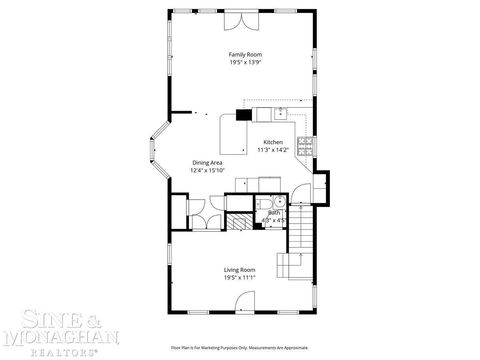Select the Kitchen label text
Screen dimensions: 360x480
(273, 142)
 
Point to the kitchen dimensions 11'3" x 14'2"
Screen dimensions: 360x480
(272, 150)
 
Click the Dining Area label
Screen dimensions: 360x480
(207, 162)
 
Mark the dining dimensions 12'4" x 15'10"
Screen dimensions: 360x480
(207, 170)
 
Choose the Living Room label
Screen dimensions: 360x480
(239, 269)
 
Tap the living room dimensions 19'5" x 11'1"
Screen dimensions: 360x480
(239, 277)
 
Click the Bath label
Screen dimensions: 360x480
(273, 212)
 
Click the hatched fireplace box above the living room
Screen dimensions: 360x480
(238, 222)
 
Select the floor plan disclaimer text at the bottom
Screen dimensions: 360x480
(239, 349)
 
